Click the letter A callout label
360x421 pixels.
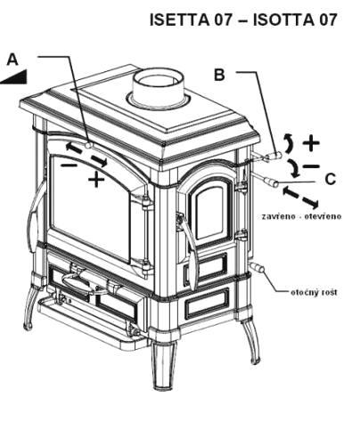pos(12,60)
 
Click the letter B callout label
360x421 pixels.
pos(219,75)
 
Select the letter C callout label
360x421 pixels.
pos(330,179)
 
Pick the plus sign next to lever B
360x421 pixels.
pos(311,143)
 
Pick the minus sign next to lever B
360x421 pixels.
pos(311,166)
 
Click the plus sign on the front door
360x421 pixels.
pos(96,180)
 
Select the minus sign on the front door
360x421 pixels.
pos(69,165)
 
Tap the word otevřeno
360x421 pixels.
pos(327,216)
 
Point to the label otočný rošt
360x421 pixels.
pos(314,292)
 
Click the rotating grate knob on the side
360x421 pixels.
pos(258,267)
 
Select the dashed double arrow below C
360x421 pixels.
pos(301,198)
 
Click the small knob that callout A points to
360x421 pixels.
pos(88,146)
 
